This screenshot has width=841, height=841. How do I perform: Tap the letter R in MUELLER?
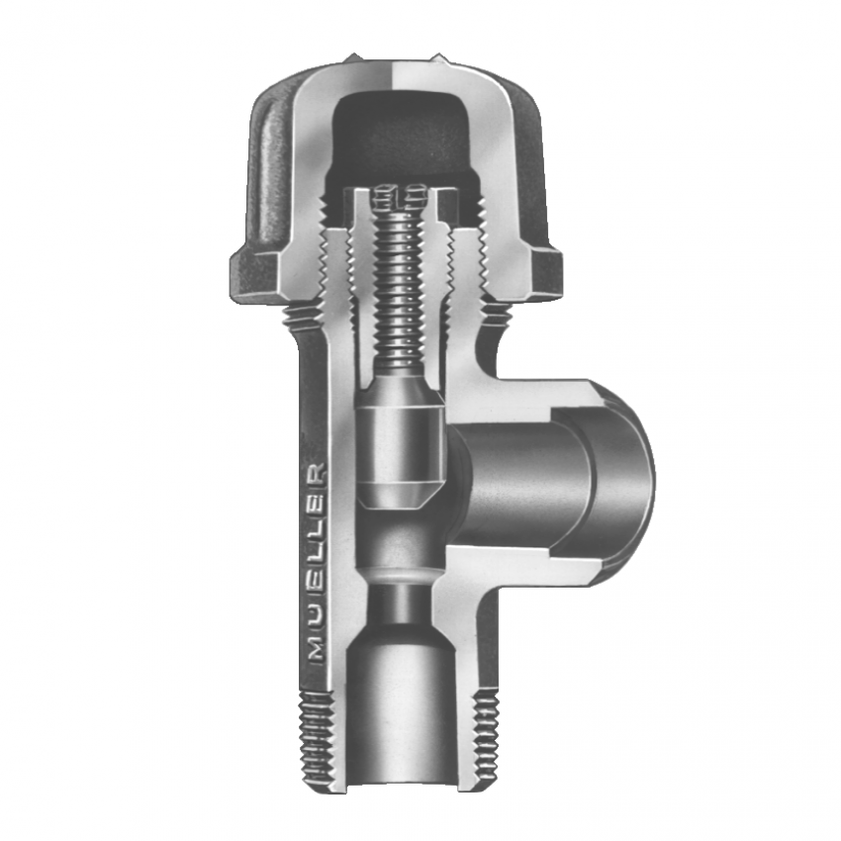pyautogui.click(x=316, y=473)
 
